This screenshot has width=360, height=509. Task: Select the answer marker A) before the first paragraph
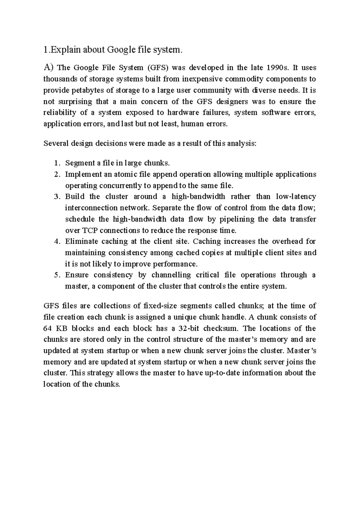48,68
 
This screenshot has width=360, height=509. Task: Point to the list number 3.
57,197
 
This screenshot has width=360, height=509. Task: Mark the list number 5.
57,275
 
